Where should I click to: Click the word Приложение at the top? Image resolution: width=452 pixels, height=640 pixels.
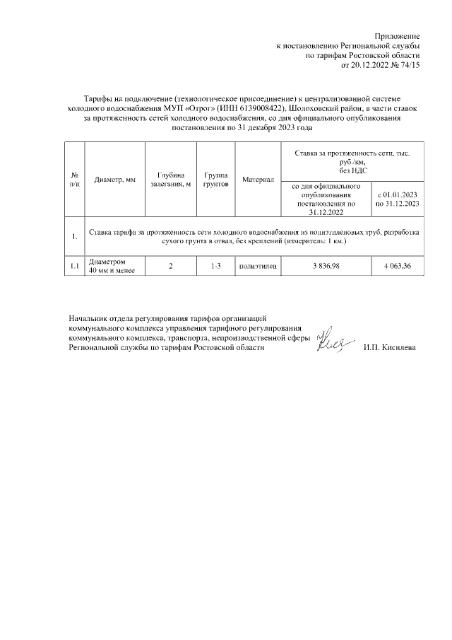pos(397,36)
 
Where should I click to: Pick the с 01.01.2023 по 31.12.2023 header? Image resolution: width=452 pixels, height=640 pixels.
pos(398,199)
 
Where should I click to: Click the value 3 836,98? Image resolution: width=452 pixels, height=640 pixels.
pos(326,266)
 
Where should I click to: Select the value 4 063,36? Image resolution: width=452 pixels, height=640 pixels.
pos(398,266)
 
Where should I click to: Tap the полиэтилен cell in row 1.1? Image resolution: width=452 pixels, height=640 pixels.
pos(258,266)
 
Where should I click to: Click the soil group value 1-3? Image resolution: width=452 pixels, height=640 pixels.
pos(215,266)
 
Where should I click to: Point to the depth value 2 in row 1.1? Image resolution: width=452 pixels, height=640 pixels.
pos(170,266)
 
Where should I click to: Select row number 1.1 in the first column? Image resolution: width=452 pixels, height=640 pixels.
pos(74,266)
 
